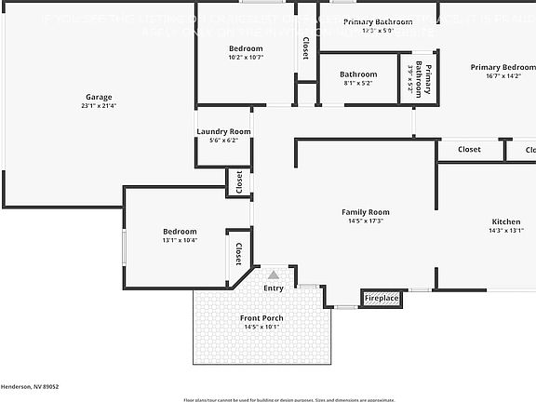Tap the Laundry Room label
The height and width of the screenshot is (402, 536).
[223, 131]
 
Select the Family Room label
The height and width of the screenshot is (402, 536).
[365, 212]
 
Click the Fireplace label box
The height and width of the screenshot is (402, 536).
[381, 298]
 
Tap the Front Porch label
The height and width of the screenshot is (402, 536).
[261, 318]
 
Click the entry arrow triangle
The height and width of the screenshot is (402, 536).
[273, 275]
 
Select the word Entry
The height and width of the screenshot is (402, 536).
[273, 288]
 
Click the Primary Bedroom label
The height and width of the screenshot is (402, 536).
[502, 67]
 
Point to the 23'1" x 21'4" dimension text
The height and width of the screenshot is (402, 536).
[98, 105]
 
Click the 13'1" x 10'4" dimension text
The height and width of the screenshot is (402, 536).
[180, 240]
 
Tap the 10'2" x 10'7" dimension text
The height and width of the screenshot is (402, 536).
[246, 57]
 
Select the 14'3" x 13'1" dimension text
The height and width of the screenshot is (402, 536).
[506, 231]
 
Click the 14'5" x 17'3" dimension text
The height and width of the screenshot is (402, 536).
[365, 221]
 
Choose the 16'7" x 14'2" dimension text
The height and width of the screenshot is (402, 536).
[502, 76]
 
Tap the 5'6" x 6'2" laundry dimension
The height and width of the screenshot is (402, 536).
[223, 141]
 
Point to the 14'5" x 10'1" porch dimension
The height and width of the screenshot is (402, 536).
[261, 327]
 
